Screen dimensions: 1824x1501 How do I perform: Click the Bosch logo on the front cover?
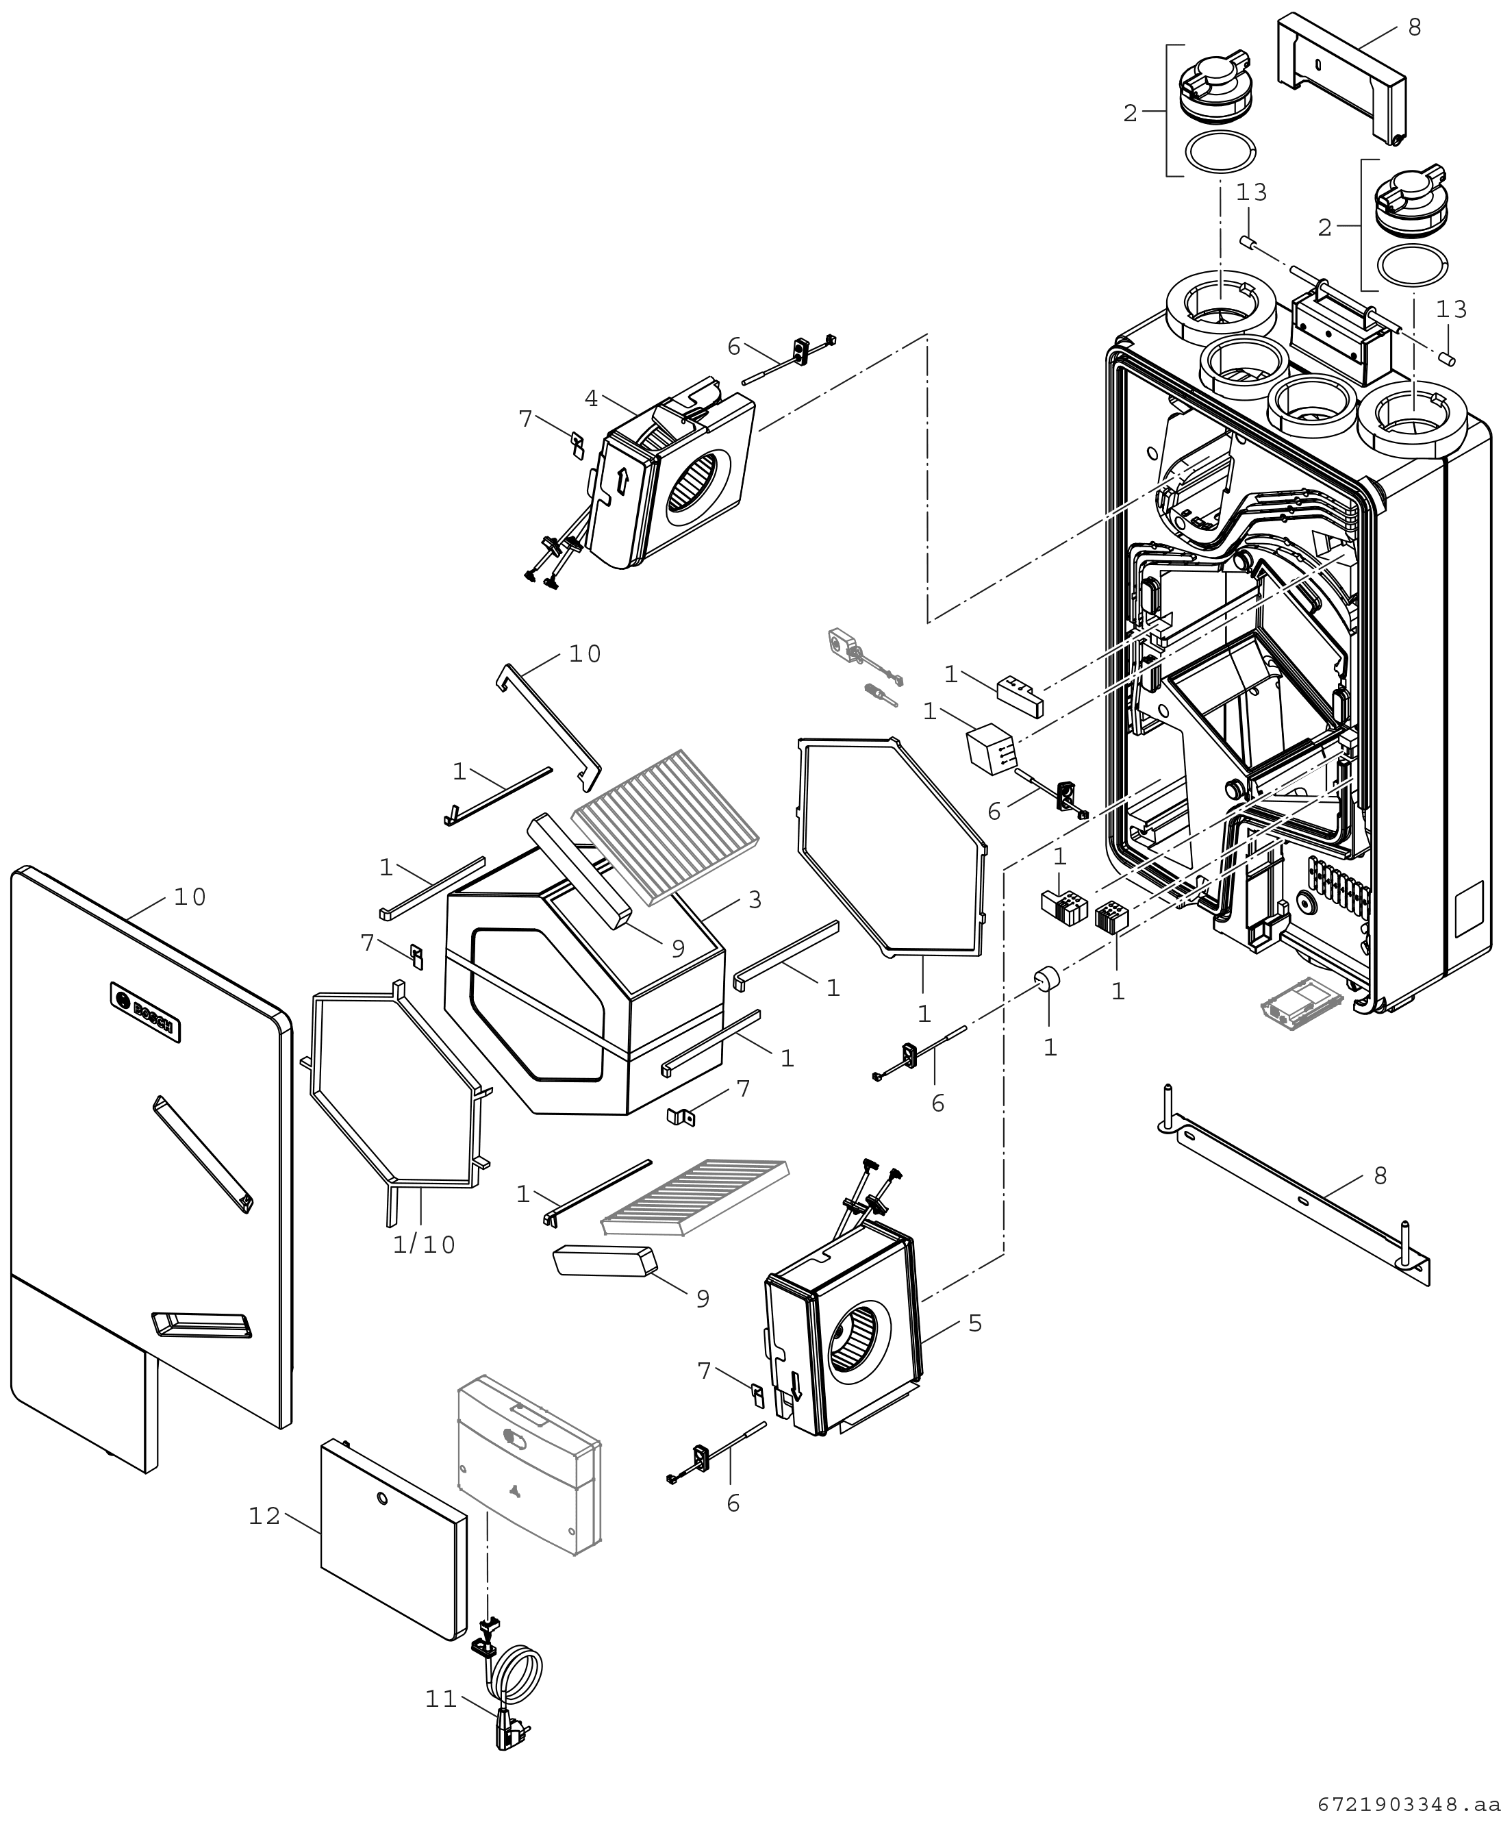(145, 1012)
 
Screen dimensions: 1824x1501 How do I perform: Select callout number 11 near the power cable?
(441, 1699)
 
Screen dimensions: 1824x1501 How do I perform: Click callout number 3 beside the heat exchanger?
(755, 899)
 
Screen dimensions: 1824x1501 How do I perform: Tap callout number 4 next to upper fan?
(592, 399)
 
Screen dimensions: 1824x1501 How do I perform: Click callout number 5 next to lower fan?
(975, 1323)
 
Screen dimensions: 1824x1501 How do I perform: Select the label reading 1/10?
(424, 1245)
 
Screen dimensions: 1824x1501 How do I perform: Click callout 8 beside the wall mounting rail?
(1380, 1175)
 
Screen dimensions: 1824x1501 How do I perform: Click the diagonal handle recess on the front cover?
(203, 1153)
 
